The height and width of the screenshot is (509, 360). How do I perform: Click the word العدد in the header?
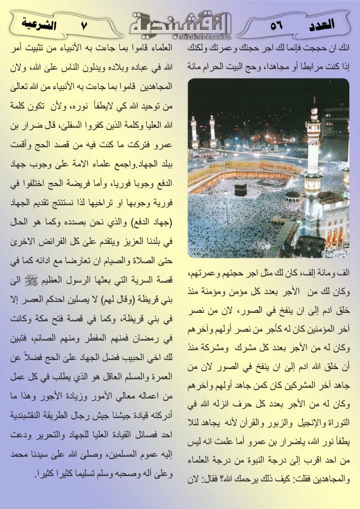click(x=321, y=24)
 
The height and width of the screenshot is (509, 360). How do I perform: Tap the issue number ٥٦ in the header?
click(x=276, y=25)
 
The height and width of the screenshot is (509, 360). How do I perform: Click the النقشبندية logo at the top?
click(x=181, y=21)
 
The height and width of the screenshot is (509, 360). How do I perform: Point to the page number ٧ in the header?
click(x=83, y=25)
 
